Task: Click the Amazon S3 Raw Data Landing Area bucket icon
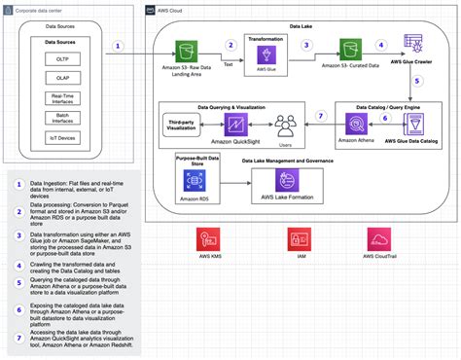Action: pos(184,49)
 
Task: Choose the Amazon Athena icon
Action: pos(357,125)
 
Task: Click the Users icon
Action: pos(285,125)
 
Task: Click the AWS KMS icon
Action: pos(208,239)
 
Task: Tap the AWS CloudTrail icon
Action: pos(378,239)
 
